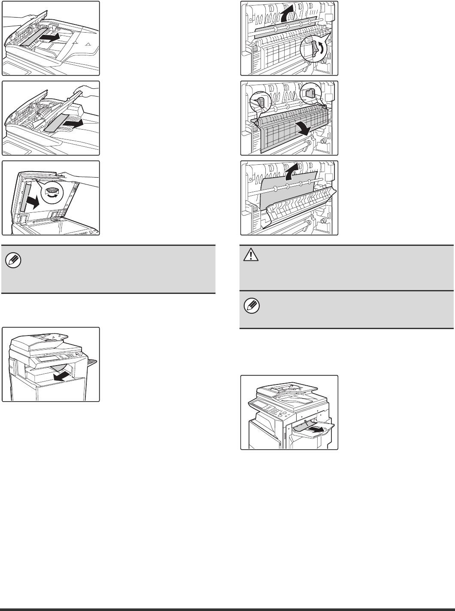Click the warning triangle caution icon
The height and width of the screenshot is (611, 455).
[248, 255]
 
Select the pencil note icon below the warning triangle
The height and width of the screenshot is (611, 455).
[248, 305]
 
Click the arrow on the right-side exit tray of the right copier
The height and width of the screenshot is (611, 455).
[316, 428]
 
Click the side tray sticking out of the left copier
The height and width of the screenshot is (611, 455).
[92, 363]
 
